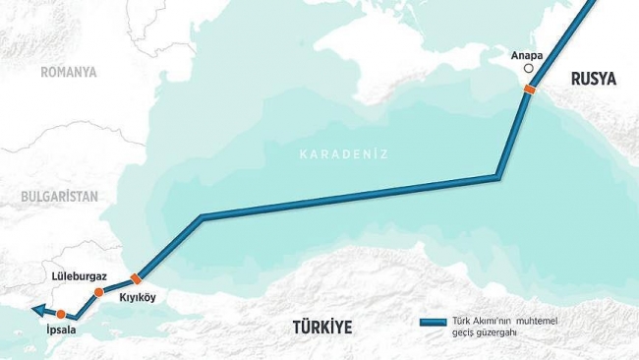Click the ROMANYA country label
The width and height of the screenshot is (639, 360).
click(69, 72)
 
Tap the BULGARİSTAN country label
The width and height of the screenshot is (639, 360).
click(59, 197)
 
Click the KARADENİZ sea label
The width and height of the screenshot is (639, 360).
click(344, 154)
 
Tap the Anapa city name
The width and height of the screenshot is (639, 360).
click(528, 56)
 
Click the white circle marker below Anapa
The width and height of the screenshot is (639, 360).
click(528, 69)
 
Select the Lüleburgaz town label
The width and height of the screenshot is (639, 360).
click(80, 278)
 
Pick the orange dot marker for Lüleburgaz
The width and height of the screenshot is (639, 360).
click(98, 292)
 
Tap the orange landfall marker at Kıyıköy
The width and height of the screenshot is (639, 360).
click(135, 280)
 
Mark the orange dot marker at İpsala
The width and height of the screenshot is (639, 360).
click(61, 314)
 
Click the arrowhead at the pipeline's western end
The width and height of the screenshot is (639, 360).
click(35, 311)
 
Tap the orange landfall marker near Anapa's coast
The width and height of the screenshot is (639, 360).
click(529, 90)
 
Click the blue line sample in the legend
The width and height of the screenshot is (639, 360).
click(433, 322)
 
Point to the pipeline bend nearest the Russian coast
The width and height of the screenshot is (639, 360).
click(497, 178)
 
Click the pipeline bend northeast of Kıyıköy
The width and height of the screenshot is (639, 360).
click(202, 217)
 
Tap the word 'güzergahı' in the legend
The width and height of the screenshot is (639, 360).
click(498, 333)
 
